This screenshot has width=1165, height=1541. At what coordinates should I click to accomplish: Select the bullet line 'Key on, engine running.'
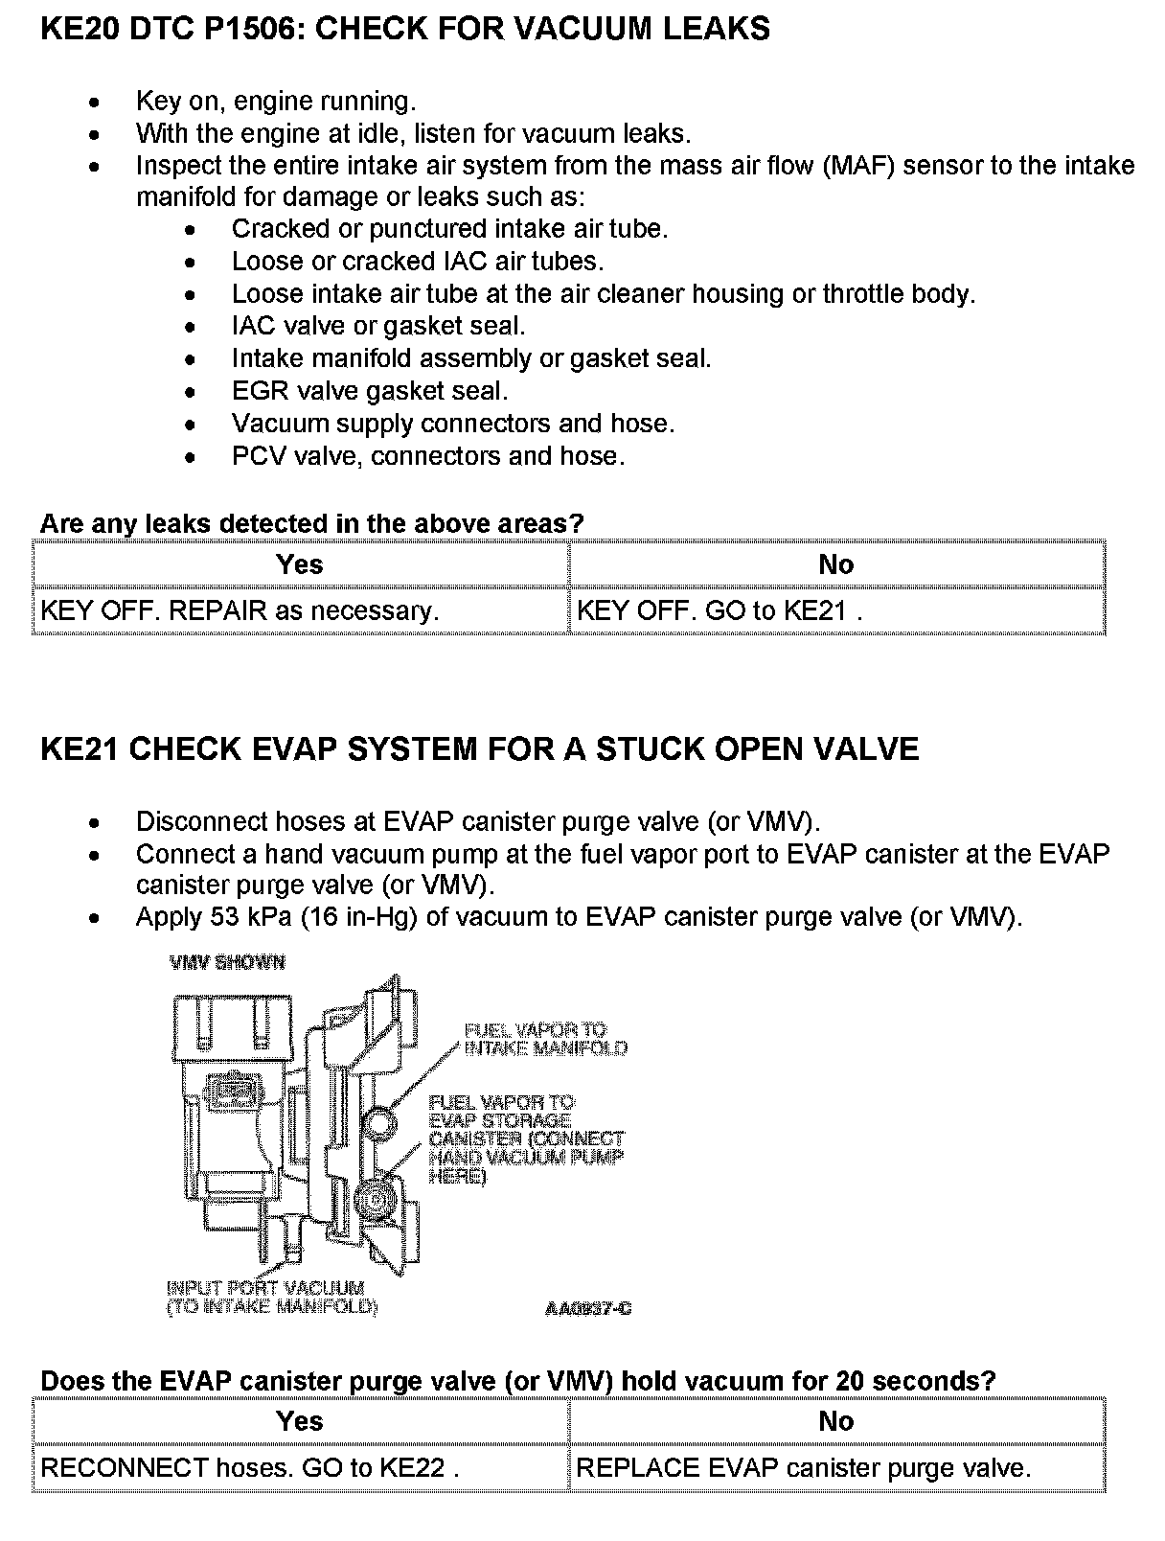click(275, 101)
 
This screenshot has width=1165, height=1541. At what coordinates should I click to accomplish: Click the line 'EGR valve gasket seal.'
click(369, 391)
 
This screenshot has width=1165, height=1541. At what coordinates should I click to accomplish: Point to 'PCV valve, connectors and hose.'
click(427, 456)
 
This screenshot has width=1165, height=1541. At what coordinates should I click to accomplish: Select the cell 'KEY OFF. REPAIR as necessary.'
click(240, 610)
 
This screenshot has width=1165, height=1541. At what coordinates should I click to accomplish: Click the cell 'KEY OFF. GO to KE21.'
click(719, 610)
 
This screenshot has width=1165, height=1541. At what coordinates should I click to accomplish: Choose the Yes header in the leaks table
click(299, 564)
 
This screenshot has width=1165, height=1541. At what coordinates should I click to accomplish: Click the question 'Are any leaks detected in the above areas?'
click(311, 524)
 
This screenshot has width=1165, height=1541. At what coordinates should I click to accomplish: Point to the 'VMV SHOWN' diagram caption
click(227, 962)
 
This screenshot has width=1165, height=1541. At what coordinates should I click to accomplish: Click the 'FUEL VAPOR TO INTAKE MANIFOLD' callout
click(545, 1039)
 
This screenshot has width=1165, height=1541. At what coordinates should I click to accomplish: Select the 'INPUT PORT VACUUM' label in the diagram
click(265, 1288)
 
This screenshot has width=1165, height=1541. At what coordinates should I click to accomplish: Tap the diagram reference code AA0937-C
click(588, 1308)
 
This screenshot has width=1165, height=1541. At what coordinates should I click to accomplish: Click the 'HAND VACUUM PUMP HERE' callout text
click(526, 1158)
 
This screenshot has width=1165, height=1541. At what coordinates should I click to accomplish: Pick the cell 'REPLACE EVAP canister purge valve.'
click(803, 1468)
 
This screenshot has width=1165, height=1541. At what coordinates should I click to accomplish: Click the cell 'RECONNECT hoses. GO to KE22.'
click(250, 1468)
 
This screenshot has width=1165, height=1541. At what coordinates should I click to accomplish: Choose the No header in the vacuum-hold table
click(835, 1421)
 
